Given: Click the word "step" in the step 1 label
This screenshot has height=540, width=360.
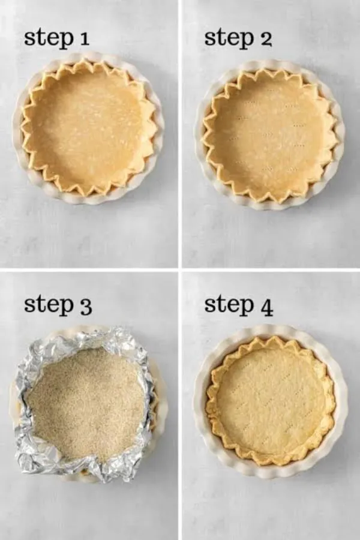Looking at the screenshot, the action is pyautogui.click(x=48, y=38).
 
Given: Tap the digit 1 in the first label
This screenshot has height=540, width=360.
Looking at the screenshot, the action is pyautogui.click(x=84, y=38).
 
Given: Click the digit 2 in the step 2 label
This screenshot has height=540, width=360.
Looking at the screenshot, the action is pyautogui.click(x=265, y=38).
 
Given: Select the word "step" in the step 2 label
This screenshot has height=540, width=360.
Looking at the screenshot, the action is pyautogui.click(x=229, y=38).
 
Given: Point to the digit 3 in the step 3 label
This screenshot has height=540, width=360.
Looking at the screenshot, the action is pyautogui.click(x=86, y=306).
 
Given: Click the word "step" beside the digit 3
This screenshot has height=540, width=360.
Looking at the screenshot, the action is pyautogui.click(x=49, y=304).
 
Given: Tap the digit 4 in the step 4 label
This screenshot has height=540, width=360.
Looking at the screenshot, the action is pyautogui.click(x=266, y=306).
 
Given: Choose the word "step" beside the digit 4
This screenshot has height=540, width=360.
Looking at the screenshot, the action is pyautogui.click(x=229, y=304).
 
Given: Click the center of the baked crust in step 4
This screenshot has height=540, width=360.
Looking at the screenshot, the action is pyautogui.click(x=271, y=401).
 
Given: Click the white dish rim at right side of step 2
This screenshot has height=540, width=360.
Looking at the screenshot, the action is pyautogui.click(x=340, y=136).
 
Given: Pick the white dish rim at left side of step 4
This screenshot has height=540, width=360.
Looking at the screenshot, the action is pyautogui.click(x=199, y=401).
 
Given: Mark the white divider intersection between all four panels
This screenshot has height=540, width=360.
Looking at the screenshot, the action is pyautogui.click(x=180, y=269).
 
